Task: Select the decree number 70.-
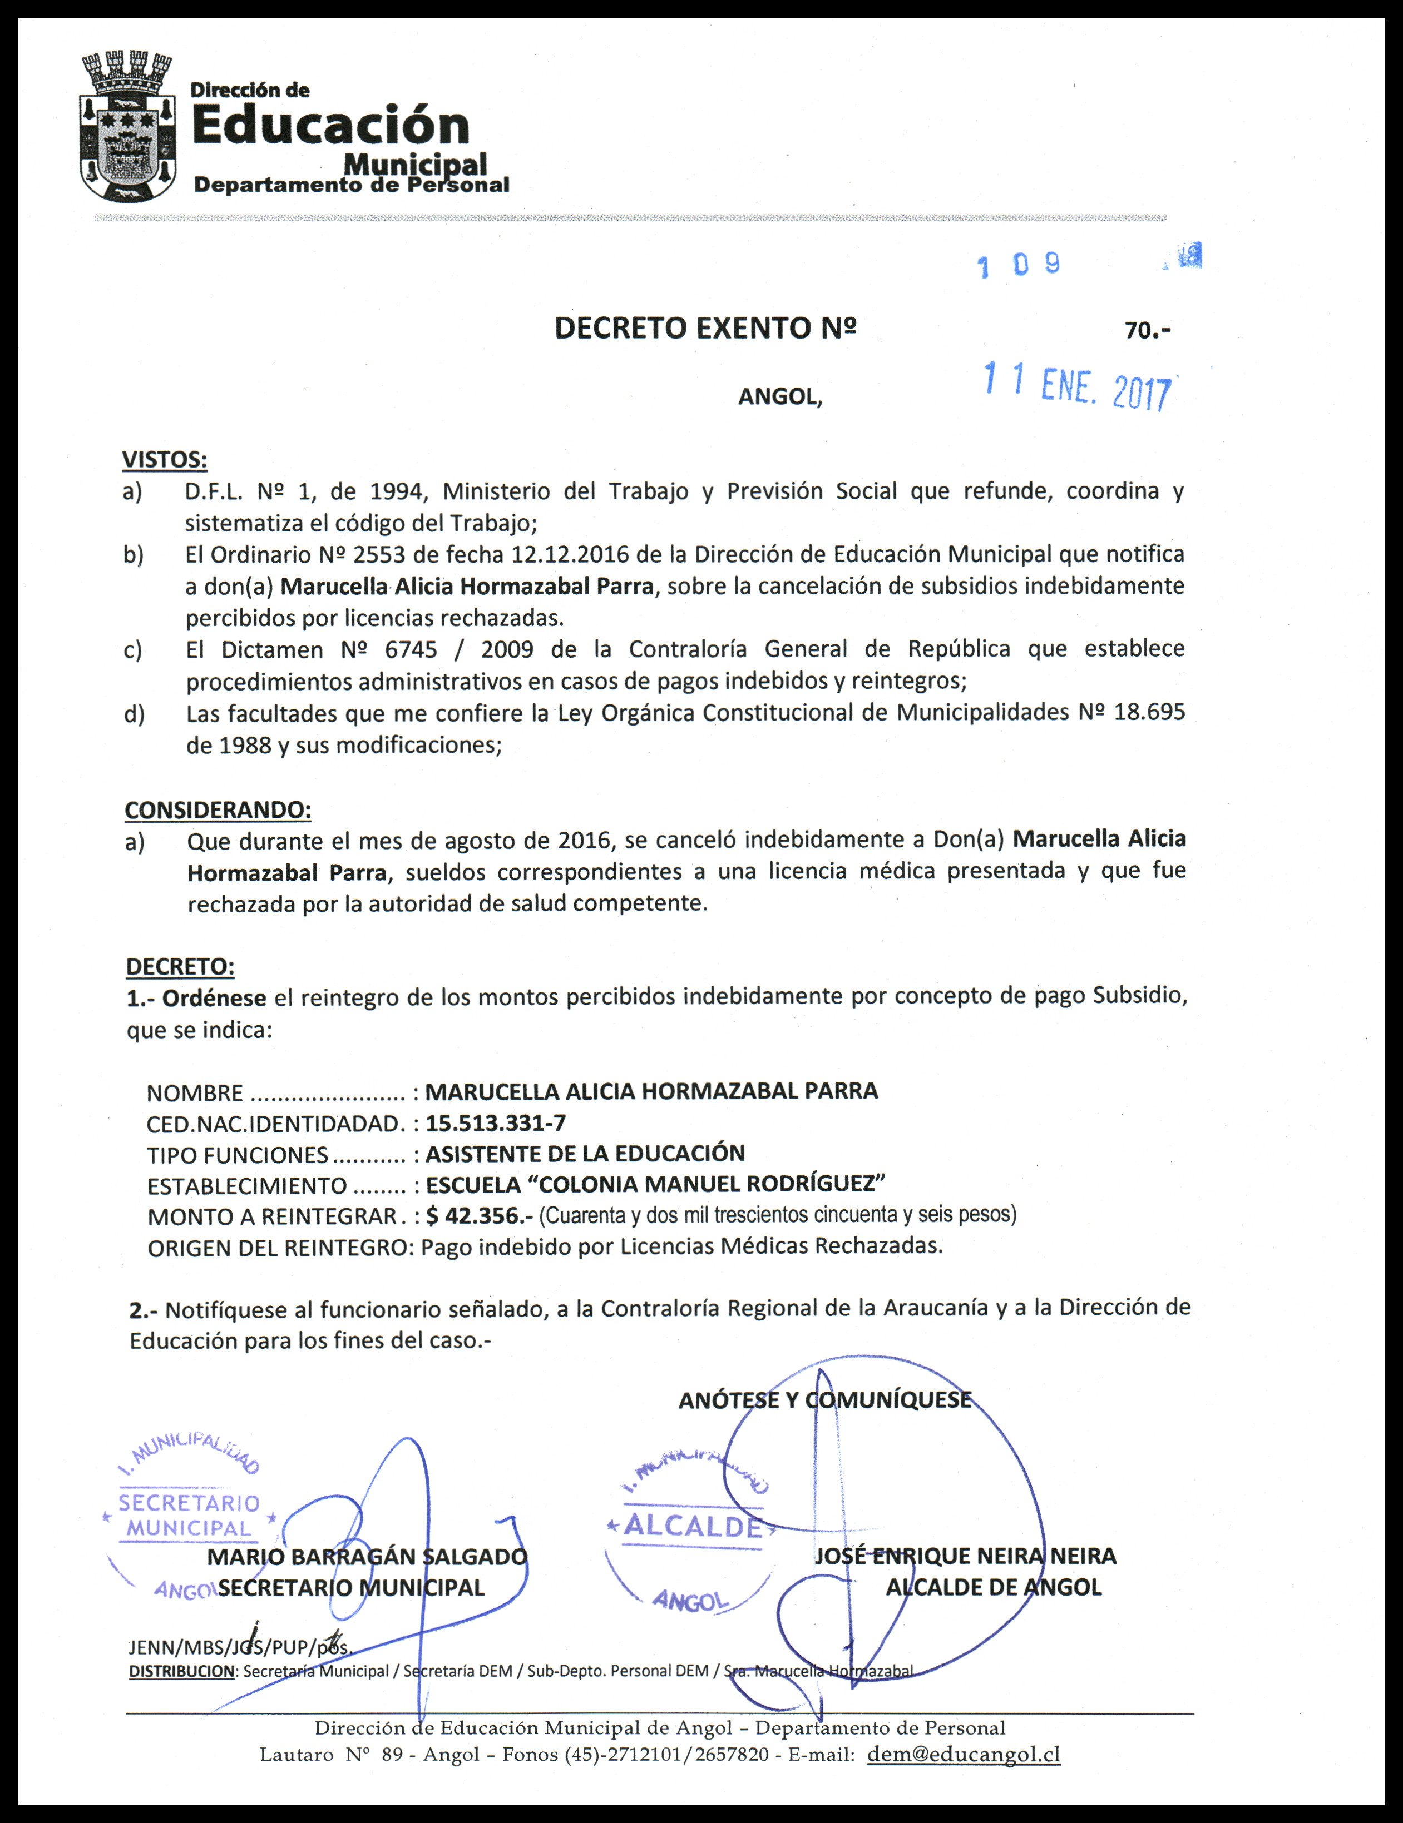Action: pos(1148,331)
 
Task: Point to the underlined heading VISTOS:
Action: pos(165,460)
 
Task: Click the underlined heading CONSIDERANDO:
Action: pos(218,809)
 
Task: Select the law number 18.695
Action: pos(1150,712)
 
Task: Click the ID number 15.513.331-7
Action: pos(495,1122)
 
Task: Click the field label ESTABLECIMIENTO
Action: pos(246,1185)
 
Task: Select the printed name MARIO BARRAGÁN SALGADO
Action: pos(368,1557)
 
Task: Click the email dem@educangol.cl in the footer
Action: pos(964,1754)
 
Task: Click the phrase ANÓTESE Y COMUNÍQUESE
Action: pos(824,1400)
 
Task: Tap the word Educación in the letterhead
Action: pos(332,125)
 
